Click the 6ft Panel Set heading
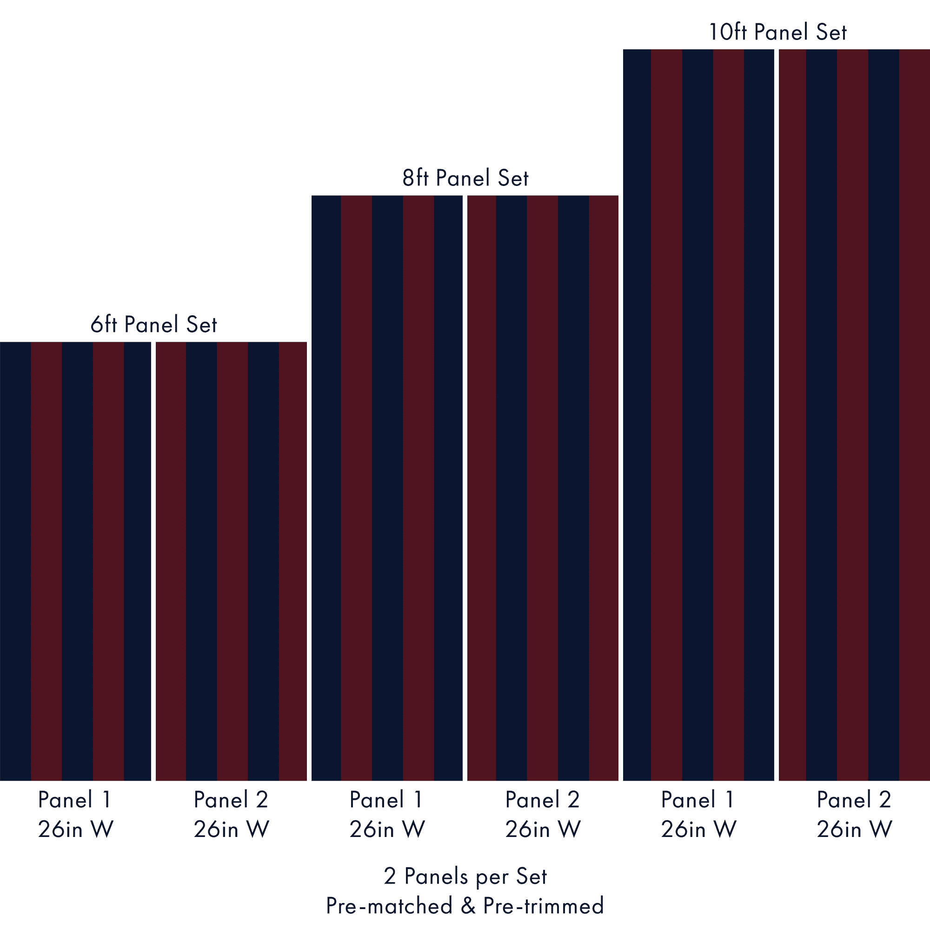153,325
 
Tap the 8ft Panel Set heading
465,178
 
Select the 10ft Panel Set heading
777,32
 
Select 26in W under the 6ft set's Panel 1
76,829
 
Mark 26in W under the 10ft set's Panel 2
854,829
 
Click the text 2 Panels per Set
465,877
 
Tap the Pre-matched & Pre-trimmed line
465,905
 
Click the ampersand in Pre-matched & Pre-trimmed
467,905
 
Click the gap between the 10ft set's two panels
776,414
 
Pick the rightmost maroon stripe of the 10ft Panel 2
915,414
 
